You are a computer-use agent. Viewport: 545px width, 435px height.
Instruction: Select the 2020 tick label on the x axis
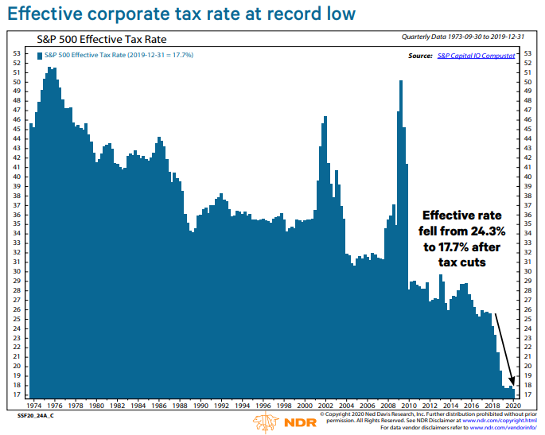513,404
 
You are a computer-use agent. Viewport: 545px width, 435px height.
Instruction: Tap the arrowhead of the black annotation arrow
513,385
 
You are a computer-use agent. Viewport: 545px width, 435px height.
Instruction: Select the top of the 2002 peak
325,118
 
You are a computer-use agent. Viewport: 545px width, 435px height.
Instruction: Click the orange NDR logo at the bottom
276,421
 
